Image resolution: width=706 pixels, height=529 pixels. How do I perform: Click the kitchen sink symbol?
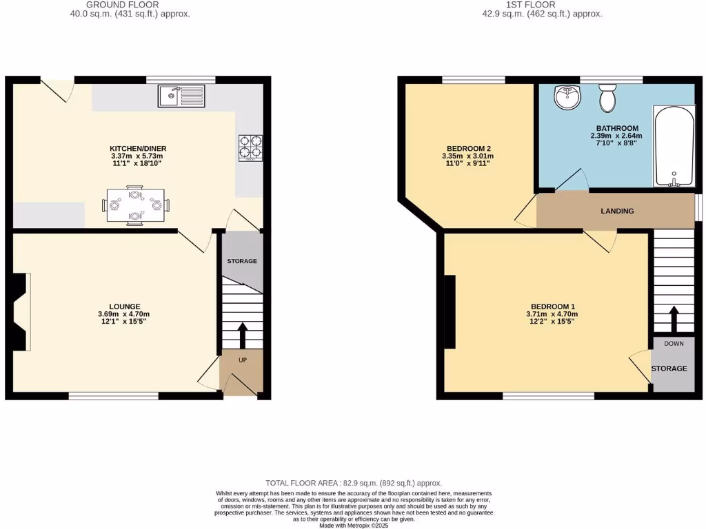[x=181, y=96]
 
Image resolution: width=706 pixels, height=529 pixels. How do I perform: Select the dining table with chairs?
[x=136, y=205]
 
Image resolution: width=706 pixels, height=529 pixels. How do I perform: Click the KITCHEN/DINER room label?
[x=138, y=148]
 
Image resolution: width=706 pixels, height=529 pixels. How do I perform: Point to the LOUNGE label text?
[x=124, y=307]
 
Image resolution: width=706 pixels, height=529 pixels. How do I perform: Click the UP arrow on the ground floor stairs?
[x=242, y=335]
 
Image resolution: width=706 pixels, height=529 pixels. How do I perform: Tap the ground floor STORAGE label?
[x=242, y=261]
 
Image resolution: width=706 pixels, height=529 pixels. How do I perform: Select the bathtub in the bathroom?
[x=674, y=146]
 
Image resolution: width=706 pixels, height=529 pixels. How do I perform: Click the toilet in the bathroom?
[x=607, y=99]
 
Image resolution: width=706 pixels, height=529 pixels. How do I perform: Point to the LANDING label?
[x=617, y=211]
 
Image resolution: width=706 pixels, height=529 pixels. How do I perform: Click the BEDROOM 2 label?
[x=469, y=148]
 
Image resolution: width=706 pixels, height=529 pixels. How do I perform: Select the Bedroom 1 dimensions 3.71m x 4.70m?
[x=552, y=314]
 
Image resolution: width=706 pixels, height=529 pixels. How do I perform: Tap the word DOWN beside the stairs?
[x=674, y=343]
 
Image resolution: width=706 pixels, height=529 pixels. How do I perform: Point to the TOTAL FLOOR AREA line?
[x=354, y=484]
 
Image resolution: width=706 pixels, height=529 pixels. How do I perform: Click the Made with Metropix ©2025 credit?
[x=354, y=525]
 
